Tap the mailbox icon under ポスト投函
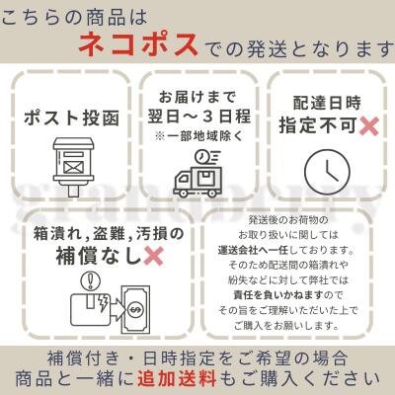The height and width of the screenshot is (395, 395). tap(73, 167)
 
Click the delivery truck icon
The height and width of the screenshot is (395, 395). tap(197, 174)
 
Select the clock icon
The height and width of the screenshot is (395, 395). tap(327, 171)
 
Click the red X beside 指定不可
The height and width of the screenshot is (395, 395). tap(368, 125)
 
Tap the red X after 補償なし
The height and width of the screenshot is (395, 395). tap(154, 256)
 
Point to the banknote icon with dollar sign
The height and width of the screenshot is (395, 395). tap(135, 309)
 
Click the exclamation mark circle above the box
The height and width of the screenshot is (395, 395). tap(91, 281)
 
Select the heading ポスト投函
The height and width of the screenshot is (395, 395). tap(71, 118)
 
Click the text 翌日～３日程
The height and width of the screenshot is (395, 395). tap(199, 117)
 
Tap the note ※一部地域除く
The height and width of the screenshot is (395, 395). tap(199, 135)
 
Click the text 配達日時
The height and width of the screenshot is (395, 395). tap(327, 103)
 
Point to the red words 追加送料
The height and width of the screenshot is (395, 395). tap(177, 377)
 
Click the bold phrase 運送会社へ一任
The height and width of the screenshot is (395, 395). tap(253, 250)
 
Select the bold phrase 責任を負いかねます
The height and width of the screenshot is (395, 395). tap(277, 294)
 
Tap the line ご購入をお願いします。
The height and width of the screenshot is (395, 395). tap(286, 326)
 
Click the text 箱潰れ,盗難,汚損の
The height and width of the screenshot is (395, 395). tap(109, 234)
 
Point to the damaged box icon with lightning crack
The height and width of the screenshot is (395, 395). tap(91, 309)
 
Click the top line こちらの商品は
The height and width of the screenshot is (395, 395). tap(74, 17)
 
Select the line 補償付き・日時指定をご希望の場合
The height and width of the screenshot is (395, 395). tap(197, 358)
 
